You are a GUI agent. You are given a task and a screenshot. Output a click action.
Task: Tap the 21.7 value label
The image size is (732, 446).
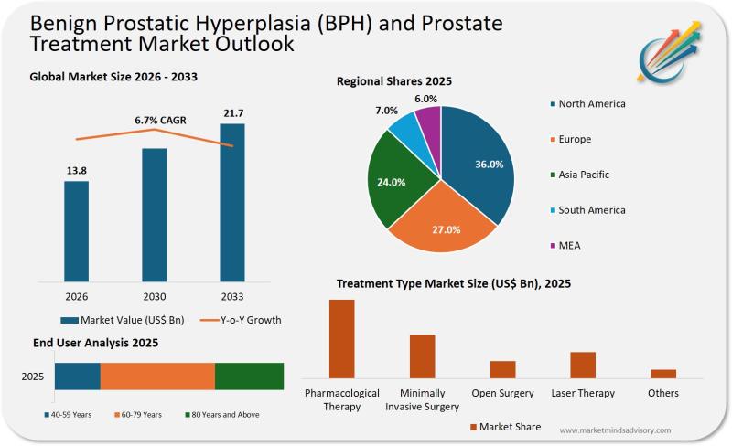coord(232,113)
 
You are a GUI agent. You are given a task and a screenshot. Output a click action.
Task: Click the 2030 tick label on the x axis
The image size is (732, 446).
coord(154,297)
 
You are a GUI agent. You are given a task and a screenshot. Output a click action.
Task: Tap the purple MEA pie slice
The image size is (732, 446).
coord(427,121)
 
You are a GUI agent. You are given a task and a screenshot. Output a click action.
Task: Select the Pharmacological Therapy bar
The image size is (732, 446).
coord(341,338)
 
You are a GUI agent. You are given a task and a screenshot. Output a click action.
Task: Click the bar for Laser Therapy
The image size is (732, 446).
coord(583,365)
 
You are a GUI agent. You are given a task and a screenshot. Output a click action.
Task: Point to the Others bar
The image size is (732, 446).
coord(663,373)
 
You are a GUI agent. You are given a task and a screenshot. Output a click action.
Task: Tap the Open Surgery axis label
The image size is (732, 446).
coord(502,393)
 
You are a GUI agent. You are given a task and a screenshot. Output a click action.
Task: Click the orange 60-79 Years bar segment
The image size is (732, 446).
coord(157,377)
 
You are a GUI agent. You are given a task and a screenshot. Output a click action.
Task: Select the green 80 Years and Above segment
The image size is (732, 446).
coord(249,377)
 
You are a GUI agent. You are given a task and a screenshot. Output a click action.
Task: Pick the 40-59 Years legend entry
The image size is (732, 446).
coord(68,415)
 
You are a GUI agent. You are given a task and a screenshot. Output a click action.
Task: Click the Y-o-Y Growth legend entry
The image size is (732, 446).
coord(239,320)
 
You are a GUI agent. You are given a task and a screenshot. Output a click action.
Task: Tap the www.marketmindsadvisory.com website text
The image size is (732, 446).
coord(614,430)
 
